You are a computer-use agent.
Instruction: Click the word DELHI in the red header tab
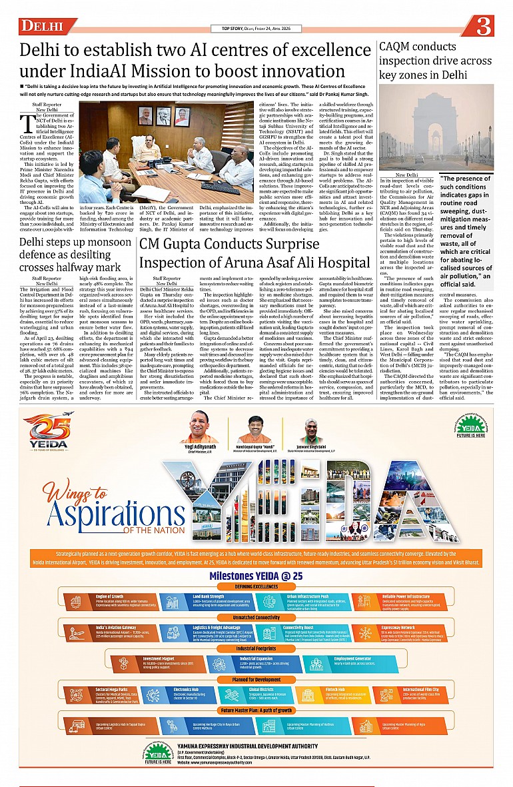41,27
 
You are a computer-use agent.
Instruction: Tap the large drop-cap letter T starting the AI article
27,123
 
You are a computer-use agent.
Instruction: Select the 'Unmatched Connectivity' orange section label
256,618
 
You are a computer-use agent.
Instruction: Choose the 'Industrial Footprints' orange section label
256,648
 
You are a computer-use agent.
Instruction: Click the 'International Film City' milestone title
421,689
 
